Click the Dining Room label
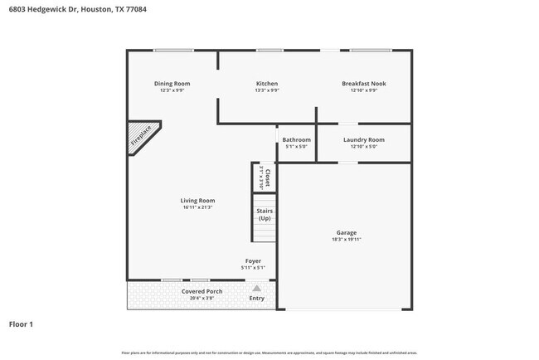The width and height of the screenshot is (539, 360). (172, 83)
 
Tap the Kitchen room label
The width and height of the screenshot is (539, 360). (266, 83)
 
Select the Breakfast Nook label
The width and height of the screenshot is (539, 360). (363, 83)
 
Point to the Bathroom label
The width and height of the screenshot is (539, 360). (296, 139)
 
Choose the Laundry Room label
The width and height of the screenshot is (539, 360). (363, 139)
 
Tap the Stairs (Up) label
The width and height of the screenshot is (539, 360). (264, 214)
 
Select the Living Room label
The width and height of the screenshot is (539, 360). (197, 200)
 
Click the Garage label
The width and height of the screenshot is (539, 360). (346, 232)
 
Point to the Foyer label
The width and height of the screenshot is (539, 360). (252, 260)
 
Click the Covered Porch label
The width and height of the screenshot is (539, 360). (202, 291)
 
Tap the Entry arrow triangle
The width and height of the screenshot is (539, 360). (256, 289)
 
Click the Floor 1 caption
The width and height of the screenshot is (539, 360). (21, 324)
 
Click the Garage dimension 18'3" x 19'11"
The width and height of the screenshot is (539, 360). (346, 240)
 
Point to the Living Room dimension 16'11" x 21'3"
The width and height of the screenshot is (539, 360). (197, 207)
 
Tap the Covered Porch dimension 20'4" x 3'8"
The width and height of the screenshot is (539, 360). (202, 298)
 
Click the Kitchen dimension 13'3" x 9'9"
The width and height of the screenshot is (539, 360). (266, 90)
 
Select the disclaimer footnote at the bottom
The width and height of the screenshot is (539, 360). (269, 353)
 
